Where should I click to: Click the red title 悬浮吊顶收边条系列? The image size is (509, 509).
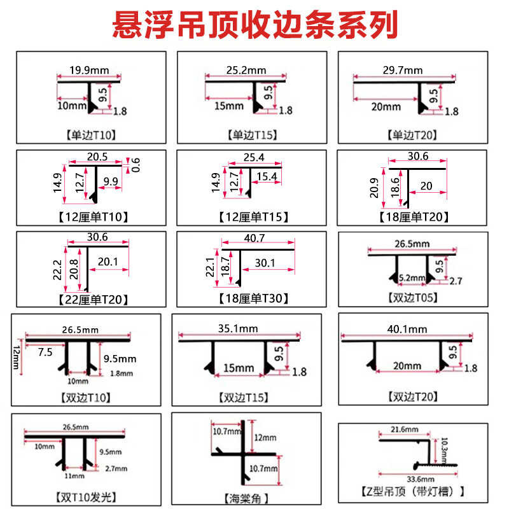[x=254, y=25]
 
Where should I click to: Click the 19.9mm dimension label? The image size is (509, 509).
[x=88, y=70]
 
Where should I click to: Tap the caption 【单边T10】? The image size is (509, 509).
[x=90, y=135]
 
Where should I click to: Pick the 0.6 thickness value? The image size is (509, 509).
[x=135, y=165]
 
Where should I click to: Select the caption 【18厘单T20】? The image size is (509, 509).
[x=412, y=217]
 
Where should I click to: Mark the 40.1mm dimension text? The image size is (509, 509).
[x=410, y=329]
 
